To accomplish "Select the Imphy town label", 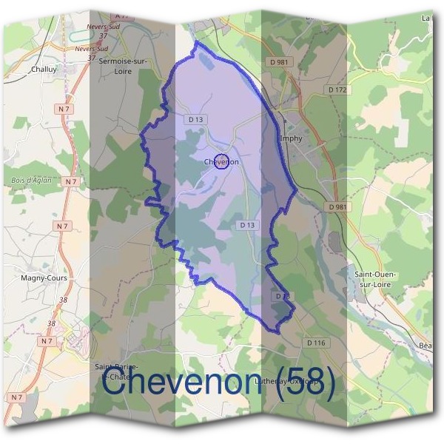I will pos(292,138).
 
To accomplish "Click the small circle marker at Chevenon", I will pos(220,161).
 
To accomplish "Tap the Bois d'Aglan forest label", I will pos(30,180).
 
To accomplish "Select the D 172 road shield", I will pos(337,90).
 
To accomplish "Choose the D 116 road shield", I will pos(315,343).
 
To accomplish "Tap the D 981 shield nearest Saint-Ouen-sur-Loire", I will pos(337,207).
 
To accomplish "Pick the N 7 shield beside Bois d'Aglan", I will pos(70,181).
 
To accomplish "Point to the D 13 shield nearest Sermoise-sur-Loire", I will pos(196,119).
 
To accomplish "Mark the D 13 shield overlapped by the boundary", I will pos(282,296).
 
